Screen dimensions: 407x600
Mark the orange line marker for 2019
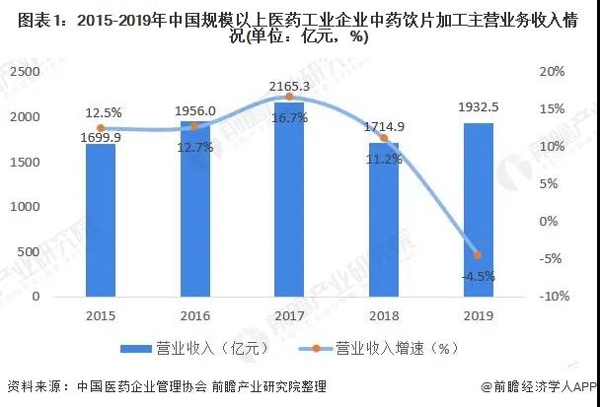click(478, 255)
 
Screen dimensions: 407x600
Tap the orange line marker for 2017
click(289, 97)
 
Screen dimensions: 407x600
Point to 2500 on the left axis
click(27, 72)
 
